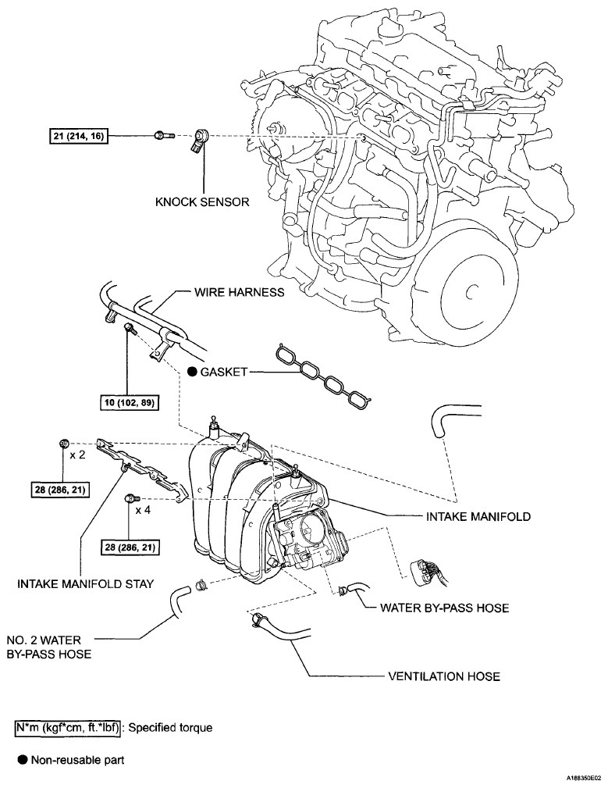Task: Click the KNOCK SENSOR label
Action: [x=202, y=202]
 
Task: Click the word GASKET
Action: [x=223, y=373]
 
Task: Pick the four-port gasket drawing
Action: [x=322, y=377]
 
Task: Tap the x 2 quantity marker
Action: [x=77, y=454]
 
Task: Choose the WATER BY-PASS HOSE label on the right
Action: [x=444, y=608]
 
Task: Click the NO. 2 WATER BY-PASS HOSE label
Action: [x=49, y=647]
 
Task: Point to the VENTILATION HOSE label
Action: [x=444, y=676]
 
